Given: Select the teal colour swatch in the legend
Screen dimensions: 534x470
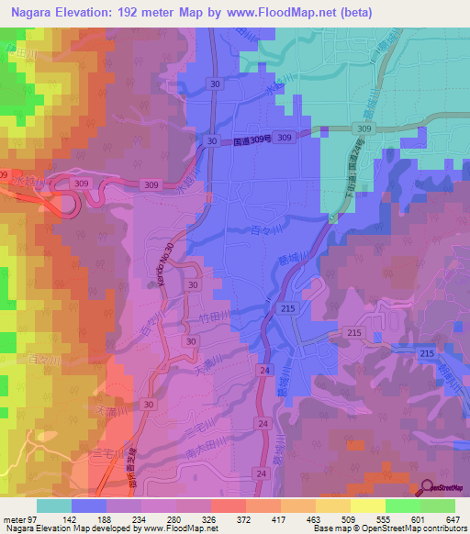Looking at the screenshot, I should [x=53, y=506].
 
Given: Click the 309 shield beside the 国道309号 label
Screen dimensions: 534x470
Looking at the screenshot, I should [x=285, y=138].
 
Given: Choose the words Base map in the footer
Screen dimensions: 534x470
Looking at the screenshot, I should [x=330, y=528].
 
